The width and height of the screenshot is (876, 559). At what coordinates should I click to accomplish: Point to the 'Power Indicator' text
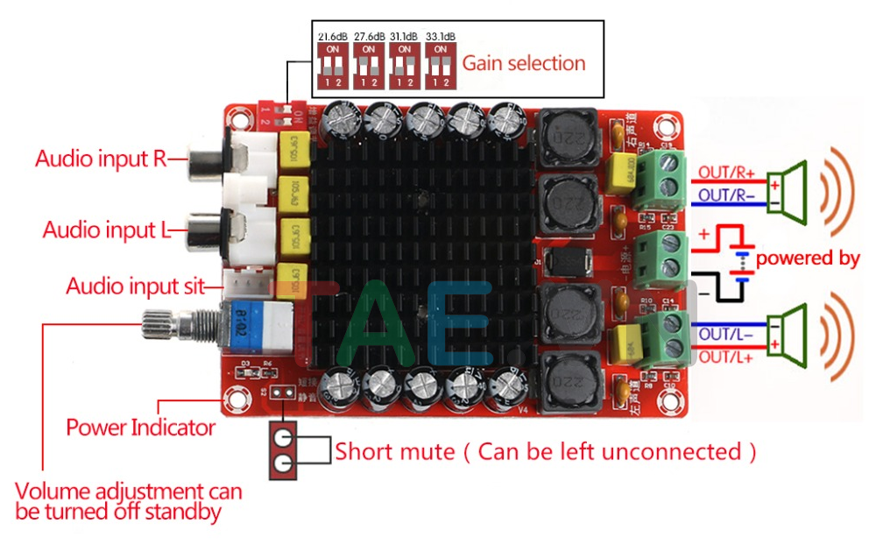coord(141,428)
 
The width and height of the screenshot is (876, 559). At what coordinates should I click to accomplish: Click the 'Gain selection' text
coord(524,63)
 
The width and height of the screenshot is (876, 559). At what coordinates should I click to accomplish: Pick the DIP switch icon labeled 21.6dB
coord(333,65)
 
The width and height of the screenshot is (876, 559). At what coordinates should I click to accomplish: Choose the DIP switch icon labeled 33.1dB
coord(440,65)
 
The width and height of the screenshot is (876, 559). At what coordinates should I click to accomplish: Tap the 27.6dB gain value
coord(369,37)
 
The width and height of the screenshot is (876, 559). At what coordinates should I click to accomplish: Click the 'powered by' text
coord(808,258)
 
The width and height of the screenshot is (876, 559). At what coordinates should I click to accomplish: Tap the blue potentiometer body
coord(259,326)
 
